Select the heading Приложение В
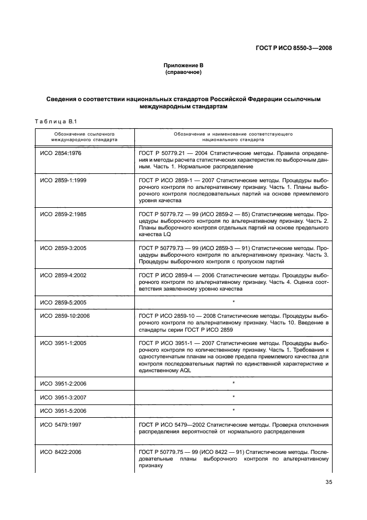click(183, 65)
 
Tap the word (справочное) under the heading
click(183, 72)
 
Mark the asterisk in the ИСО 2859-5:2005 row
click(234, 302)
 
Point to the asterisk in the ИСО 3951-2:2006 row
click(234, 384)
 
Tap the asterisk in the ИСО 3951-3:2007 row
click(234, 397)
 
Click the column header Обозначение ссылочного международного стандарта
click(84, 137)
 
